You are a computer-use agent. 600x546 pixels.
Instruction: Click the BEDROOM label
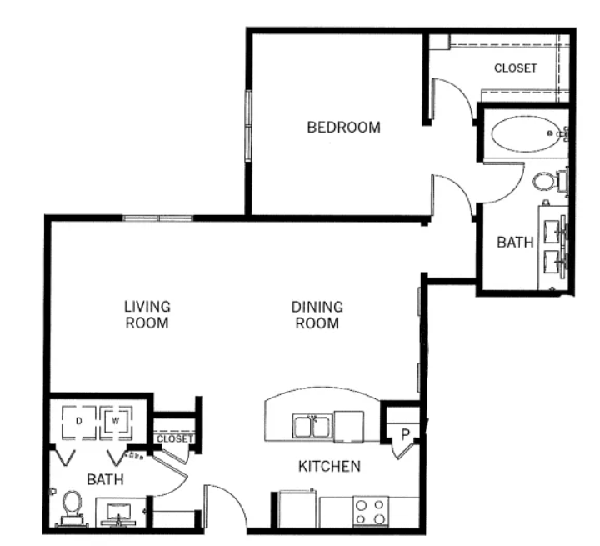tap(343, 127)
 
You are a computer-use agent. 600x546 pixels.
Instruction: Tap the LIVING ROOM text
tap(147, 315)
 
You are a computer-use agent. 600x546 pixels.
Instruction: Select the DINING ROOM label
tap(317, 315)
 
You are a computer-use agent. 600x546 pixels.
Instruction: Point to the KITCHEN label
tap(329, 466)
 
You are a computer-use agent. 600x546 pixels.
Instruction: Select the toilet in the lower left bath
tap(72, 508)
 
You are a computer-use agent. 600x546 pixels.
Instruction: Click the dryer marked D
tap(79, 422)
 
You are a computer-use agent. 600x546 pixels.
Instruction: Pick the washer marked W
tap(116, 422)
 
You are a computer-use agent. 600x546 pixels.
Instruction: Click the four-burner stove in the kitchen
tap(370, 512)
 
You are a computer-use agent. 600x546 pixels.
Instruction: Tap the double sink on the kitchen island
tap(313, 426)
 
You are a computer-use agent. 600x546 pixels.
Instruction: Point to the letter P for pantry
tap(405, 434)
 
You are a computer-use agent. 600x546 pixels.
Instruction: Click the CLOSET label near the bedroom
tap(516, 68)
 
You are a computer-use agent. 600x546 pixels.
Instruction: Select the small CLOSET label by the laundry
tap(174, 438)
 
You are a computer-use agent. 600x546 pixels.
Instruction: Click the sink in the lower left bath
tap(118, 513)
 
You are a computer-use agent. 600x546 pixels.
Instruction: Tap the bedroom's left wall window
tap(248, 125)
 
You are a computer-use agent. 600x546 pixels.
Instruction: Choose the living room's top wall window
tap(157, 218)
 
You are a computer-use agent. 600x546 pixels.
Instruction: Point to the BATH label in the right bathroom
tap(515, 243)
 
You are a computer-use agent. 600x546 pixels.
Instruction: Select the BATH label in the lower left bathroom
tap(105, 479)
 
